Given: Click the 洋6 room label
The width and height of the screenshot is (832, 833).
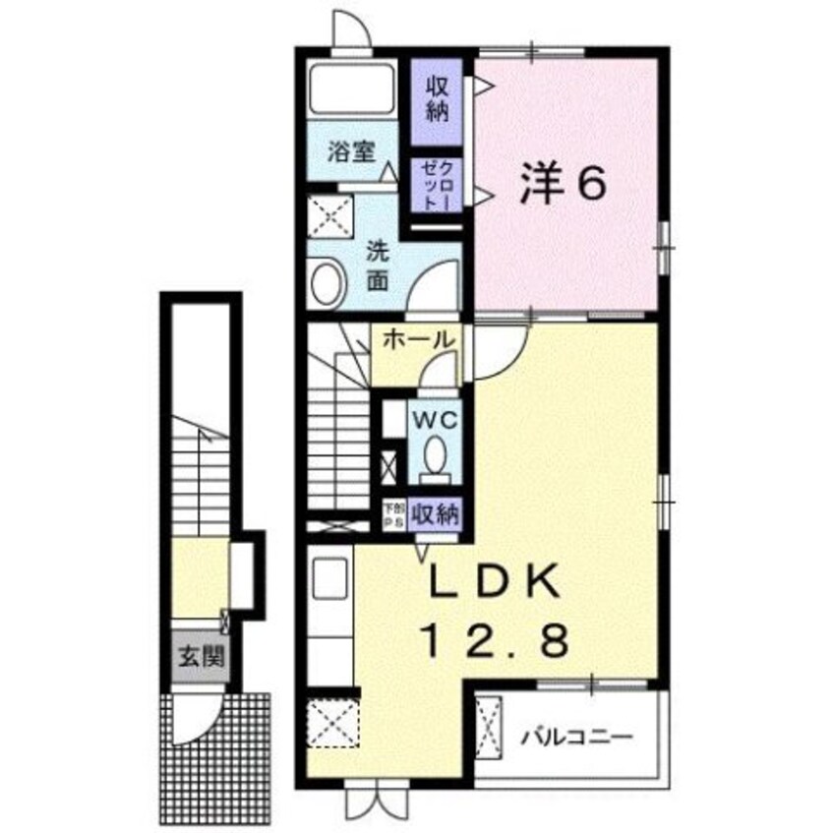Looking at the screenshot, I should click(564, 185).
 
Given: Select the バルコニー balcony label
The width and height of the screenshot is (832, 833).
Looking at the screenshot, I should click(576, 736).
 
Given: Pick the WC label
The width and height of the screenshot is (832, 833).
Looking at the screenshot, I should click(433, 420).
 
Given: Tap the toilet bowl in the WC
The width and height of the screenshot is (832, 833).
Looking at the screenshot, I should click(434, 454).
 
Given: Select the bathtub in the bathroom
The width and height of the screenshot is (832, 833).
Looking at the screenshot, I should click(351, 91).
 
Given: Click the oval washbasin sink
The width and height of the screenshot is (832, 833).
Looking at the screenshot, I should click(325, 284).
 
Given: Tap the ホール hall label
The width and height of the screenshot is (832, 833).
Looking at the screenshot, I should click(417, 339).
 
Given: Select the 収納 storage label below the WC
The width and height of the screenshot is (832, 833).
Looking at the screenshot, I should click(436, 513).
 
